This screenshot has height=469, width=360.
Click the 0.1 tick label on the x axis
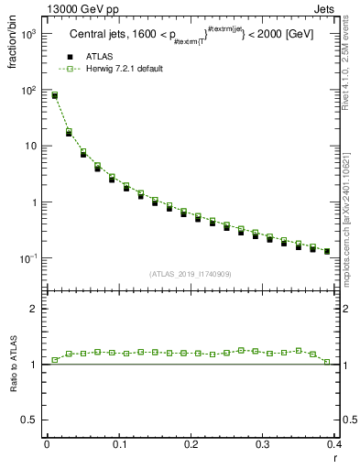click(118, 443)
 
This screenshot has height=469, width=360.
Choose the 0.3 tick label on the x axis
click(262, 443)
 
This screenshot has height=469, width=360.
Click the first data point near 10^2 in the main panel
click(55, 95)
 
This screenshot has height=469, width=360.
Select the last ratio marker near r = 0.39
click(326, 362)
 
